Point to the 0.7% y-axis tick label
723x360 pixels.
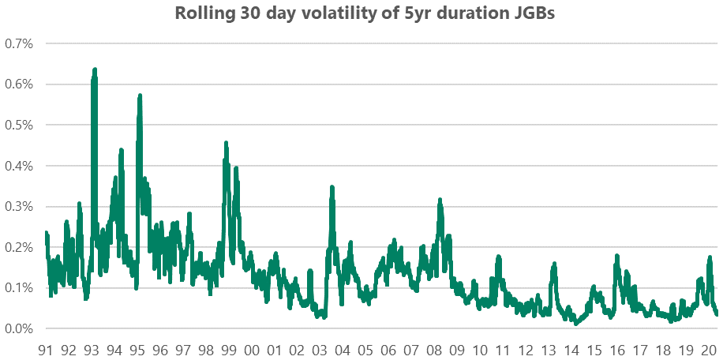[19, 43]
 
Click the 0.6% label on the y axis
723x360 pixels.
[19, 84]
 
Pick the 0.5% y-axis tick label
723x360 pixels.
[19, 125]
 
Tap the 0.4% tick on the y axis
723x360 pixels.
[19, 166]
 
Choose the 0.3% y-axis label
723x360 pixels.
[19, 207]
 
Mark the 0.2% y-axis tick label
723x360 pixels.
[19, 247]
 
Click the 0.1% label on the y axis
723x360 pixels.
[19, 288]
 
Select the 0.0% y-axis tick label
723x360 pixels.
[19, 328]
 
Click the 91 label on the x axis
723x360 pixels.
[45, 350]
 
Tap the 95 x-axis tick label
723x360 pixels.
[137, 350]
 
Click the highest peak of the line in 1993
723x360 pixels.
[95, 70]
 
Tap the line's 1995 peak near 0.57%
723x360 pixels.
[140, 96]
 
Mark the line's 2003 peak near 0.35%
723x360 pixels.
[332, 188]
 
